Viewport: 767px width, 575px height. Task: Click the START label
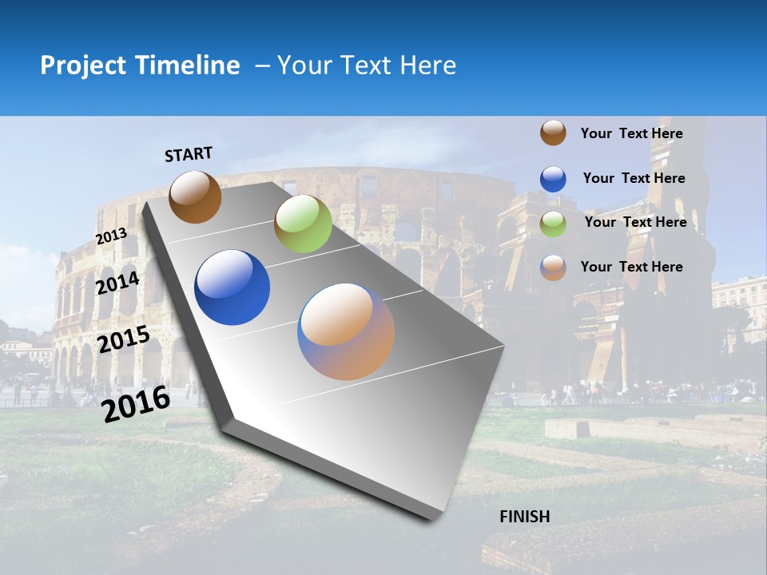(189, 154)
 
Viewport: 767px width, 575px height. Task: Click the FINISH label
(525, 517)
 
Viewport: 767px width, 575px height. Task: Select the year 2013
(112, 236)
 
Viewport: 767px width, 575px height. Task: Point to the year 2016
(137, 404)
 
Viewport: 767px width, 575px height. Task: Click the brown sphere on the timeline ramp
(195, 197)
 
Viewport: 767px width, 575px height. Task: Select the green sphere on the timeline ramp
(303, 224)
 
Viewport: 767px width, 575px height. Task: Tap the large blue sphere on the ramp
(232, 287)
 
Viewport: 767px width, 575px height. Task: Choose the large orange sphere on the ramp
(346, 331)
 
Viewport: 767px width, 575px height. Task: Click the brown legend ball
(553, 133)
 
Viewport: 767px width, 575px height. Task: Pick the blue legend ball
(553, 179)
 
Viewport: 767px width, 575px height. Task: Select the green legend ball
(553, 224)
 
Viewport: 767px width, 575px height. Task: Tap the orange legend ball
(553, 268)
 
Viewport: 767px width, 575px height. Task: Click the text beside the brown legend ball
(632, 133)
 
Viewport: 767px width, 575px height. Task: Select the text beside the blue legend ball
(634, 178)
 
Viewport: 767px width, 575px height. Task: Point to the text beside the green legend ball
(636, 222)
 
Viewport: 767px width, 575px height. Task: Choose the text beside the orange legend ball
(632, 267)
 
